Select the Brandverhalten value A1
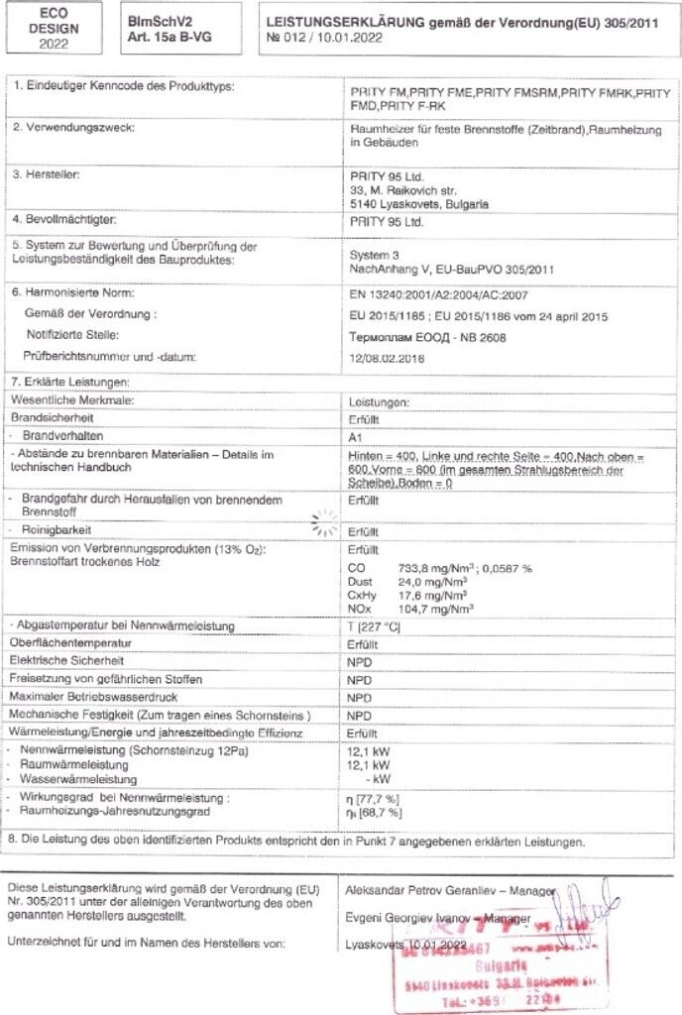point(357,437)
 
